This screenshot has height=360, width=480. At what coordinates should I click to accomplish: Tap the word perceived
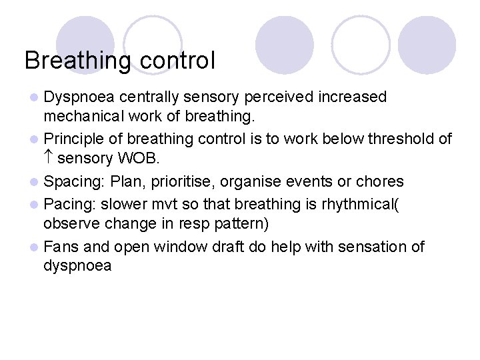tap(278, 97)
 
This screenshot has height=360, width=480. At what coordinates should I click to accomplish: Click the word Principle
tap(71, 139)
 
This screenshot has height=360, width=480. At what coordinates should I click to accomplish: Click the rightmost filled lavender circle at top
tap(427, 45)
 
